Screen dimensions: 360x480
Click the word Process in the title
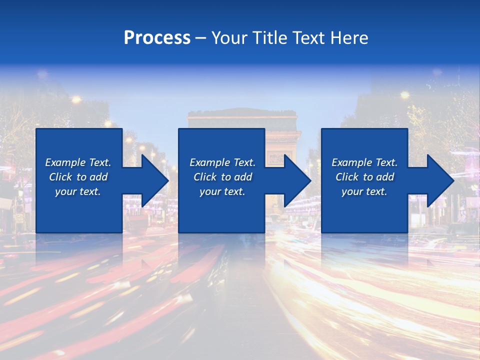157,38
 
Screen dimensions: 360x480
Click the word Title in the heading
269,38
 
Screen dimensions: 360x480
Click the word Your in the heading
229,38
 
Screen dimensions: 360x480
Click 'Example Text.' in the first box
78,162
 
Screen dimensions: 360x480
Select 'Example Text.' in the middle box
222,162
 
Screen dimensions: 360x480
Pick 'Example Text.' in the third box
364,162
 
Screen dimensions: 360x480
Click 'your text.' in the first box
78,192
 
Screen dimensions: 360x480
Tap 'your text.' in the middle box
222,192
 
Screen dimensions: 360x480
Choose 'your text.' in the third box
364,192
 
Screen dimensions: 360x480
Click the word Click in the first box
61,177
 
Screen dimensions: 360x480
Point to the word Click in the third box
347,177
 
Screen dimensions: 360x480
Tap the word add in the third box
385,177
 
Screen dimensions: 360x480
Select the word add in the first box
98,177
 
